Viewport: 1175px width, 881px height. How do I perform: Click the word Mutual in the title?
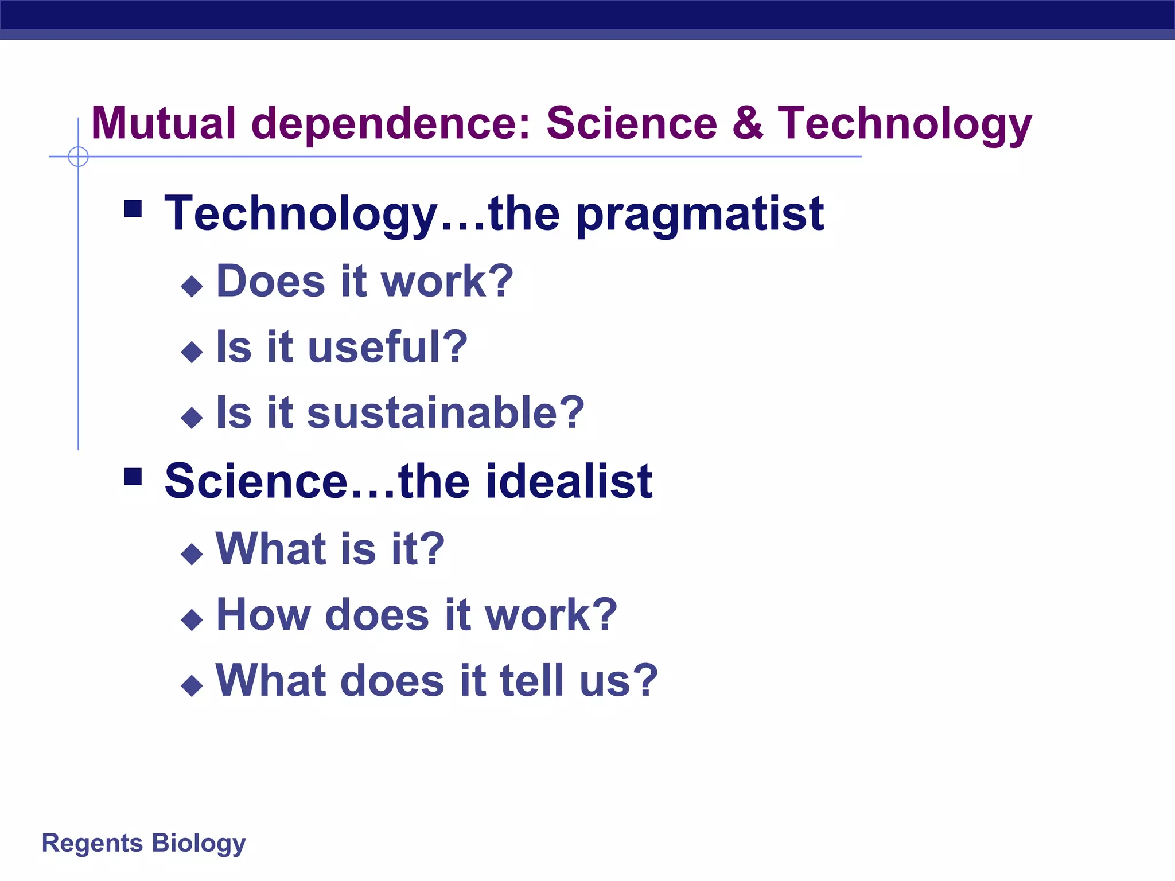point(164,123)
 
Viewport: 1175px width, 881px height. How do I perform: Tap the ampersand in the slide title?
point(747,123)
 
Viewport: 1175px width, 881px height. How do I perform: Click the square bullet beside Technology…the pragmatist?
point(133,209)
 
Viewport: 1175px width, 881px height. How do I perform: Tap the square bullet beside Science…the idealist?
point(133,477)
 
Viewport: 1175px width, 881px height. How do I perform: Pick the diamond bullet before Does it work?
point(192,286)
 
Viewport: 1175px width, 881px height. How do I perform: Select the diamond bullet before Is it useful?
point(192,352)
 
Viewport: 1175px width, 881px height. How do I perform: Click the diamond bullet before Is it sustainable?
point(192,418)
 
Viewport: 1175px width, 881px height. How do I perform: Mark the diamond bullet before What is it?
point(192,553)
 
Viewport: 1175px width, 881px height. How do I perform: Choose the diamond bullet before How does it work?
point(192,619)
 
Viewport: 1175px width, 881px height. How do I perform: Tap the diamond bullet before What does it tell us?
point(192,685)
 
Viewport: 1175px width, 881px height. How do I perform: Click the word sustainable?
point(446,413)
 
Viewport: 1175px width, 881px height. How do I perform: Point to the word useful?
point(388,348)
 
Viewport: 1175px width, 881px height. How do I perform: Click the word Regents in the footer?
point(92,844)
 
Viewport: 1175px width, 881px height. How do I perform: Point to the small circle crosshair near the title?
point(78,157)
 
